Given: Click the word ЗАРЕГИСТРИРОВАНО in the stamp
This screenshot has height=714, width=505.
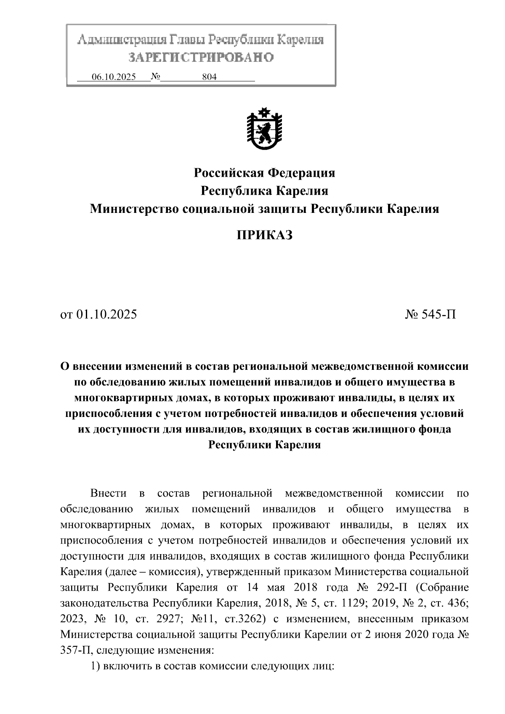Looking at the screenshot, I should pos(201,58).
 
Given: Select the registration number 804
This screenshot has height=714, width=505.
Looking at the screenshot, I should pos(209,77).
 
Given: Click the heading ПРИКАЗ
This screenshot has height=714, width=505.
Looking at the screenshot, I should pos(264,235).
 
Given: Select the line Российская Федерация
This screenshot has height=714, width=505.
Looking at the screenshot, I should pos(264,173).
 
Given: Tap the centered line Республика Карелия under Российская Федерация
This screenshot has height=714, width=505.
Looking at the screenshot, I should pos(264,191).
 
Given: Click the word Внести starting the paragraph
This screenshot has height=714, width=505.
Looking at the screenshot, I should pos(108,493).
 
